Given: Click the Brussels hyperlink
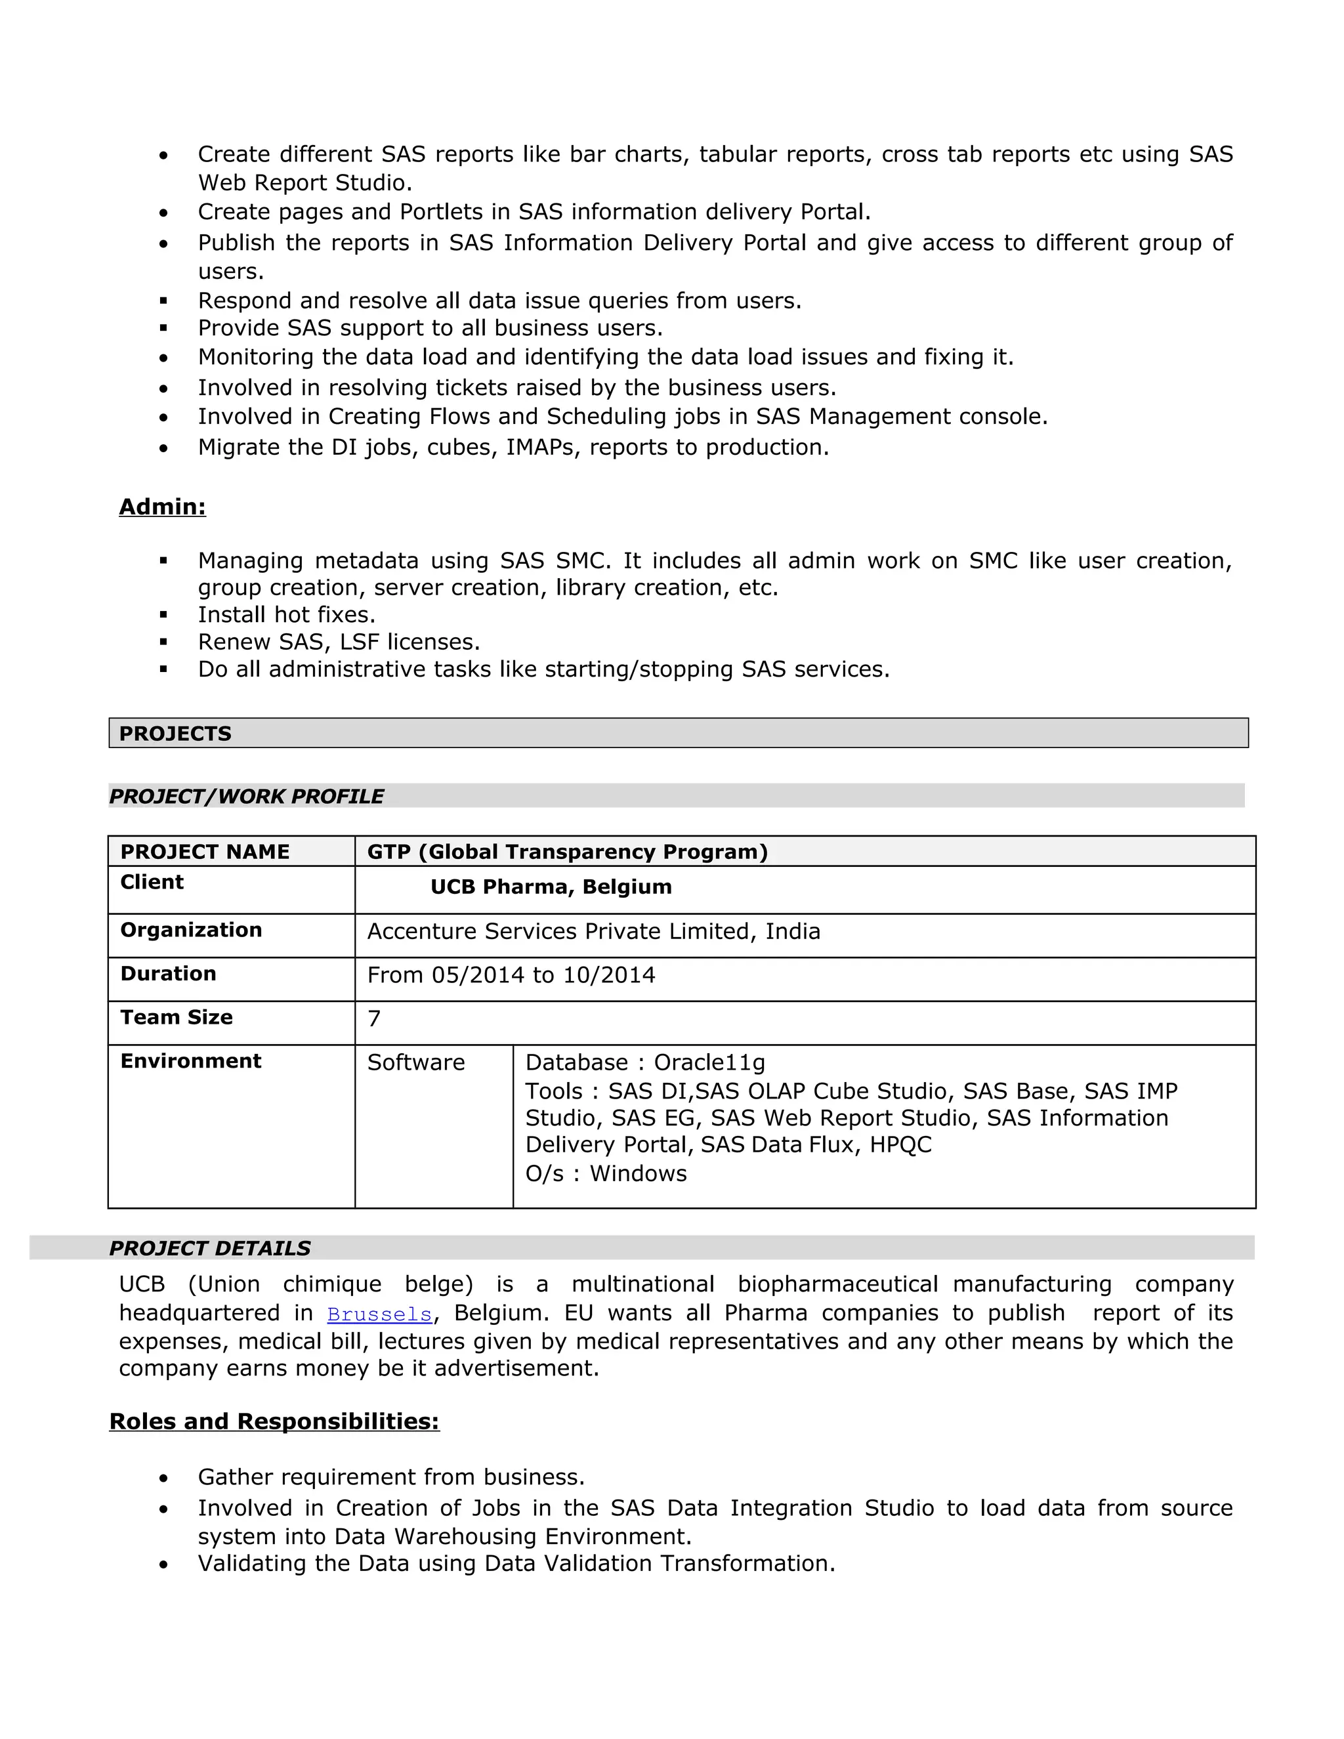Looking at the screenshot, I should click(379, 1314).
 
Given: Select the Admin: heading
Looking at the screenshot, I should click(163, 507).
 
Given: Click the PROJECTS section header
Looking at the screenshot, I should click(175, 734).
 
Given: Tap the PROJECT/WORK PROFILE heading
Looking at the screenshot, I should click(246, 796).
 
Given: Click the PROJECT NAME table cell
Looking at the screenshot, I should click(205, 851).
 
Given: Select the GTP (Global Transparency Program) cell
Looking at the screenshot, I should click(567, 851).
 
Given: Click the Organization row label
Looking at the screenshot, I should click(191, 929).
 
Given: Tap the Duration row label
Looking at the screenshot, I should click(168, 973).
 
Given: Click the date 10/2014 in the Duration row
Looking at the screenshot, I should click(609, 974).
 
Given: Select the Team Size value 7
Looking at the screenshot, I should click(374, 1018).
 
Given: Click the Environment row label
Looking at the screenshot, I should click(191, 1060).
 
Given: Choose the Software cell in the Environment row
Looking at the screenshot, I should click(415, 1062).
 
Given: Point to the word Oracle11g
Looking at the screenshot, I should click(709, 1062).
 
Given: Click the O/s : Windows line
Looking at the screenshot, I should click(606, 1174).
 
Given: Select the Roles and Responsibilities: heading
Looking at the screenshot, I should click(274, 1421).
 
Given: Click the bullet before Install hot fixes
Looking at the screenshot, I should click(163, 615).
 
